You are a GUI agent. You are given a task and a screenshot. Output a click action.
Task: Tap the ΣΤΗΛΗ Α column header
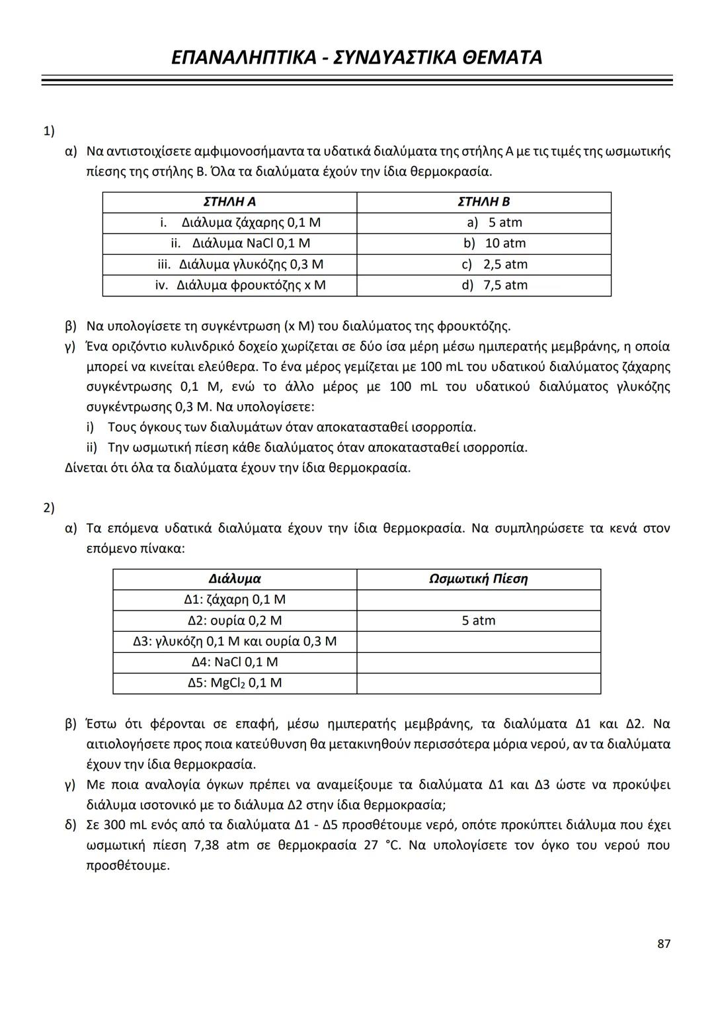(x=229, y=202)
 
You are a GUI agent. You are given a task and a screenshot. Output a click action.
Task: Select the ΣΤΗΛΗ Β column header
(x=483, y=202)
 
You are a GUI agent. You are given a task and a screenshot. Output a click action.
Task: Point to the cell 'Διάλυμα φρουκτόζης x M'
(x=241, y=285)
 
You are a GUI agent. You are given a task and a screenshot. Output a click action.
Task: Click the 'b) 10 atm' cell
(x=495, y=243)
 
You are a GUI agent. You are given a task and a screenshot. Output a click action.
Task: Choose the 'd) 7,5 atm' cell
(x=495, y=285)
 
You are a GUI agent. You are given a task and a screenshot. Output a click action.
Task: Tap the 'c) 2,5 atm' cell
(x=495, y=265)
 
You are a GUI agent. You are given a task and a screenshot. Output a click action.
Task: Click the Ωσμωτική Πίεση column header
(x=478, y=579)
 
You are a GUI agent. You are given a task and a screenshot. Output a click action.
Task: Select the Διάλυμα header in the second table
(x=235, y=579)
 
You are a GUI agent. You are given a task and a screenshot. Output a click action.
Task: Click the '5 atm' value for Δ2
(x=478, y=620)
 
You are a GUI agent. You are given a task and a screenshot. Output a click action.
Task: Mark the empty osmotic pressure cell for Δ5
(x=478, y=683)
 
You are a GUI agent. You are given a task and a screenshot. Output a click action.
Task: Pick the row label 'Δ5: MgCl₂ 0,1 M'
(x=235, y=683)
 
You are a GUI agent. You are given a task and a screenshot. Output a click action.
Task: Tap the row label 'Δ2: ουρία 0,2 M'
(x=235, y=620)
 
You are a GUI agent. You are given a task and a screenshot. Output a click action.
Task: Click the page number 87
(x=664, y=944)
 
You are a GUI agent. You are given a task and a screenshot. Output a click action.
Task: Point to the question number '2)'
(x=49, y=507)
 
